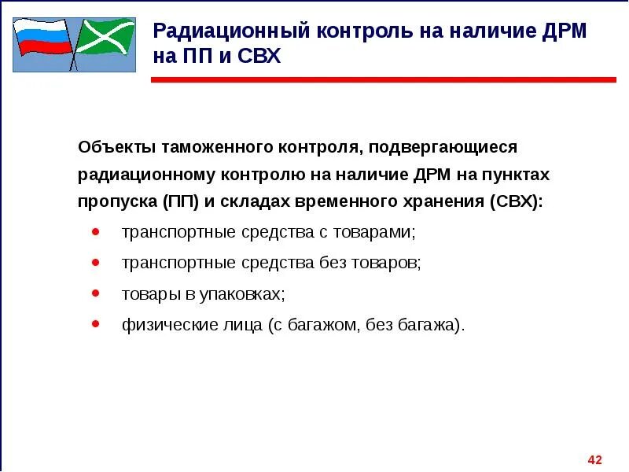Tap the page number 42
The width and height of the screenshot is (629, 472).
coord(594,459)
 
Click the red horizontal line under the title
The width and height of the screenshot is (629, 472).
coord(383,79)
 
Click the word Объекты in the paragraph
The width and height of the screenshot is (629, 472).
coord(116,147)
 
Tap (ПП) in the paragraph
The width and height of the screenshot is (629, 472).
coord(182,201)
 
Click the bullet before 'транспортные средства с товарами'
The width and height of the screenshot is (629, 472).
coord(95,233)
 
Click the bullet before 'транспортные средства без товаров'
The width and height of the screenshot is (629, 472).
coord(95,263)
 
